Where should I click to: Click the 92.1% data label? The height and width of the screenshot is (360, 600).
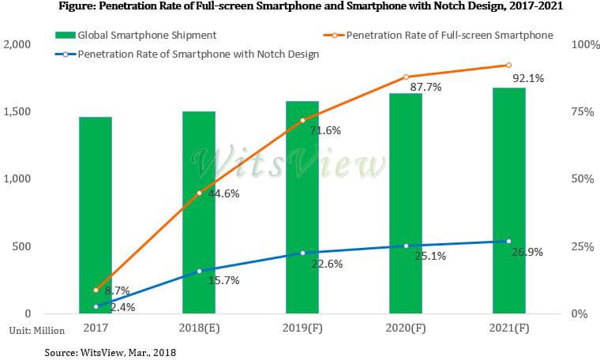(x=527, y=78)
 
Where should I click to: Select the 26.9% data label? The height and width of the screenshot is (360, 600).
(x=526, y=252)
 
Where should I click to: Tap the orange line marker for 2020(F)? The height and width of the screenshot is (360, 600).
(x=406, y=77)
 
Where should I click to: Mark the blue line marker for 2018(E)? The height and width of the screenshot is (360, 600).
(x=199, y=271)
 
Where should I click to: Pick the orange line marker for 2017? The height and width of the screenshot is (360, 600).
(x=96, y=290)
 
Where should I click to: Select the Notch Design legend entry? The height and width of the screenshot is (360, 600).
(x=197, y=54)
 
